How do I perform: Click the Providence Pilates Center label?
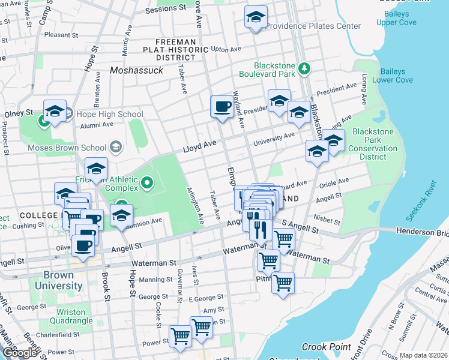point(313,26)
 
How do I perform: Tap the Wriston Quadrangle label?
point(74,316)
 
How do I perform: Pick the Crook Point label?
point(326,347)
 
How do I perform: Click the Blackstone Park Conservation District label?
point(373,144)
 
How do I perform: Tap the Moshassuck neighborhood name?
point(136,70)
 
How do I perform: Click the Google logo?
point(20,353)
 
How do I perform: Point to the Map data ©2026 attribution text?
point(423,355)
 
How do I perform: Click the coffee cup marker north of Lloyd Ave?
point(221,107)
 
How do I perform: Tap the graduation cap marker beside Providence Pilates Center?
point(256,17)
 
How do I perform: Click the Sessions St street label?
point(166,9)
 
